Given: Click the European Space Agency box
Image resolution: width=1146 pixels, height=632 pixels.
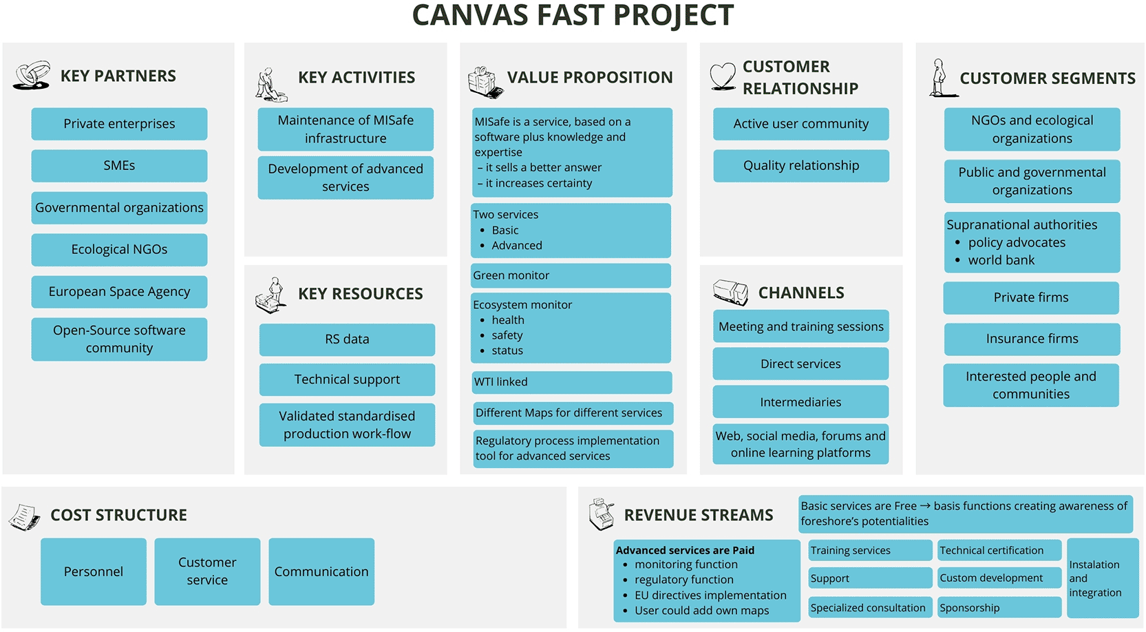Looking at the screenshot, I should click(119, 292).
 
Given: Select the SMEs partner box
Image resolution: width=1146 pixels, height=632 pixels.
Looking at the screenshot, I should click(119, 166).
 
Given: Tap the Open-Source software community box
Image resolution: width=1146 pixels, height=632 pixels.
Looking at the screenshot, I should click(119, 339).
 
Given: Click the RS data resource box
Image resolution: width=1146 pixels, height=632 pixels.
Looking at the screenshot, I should click(347, 339).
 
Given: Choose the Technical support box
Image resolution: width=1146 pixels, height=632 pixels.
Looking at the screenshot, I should click(347, 379).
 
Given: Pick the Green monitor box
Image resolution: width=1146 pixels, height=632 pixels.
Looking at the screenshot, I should click(571, 275).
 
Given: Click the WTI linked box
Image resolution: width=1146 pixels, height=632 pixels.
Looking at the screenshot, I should click(571, 382).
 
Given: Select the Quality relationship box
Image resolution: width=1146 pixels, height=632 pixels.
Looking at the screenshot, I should click(801, 166).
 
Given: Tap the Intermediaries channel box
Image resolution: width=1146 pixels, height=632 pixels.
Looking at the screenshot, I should click(800, 402).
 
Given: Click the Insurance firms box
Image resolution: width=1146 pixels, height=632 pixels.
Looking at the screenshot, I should click(1032, 339).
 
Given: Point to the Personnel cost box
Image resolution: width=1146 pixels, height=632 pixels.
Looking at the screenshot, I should click(94, 571).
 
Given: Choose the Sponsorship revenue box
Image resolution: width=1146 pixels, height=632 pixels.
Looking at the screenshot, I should click(999, 607).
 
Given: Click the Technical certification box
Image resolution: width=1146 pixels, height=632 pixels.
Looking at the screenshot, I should click(999, 550).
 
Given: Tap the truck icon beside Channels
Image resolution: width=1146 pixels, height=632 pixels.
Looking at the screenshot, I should click(730, 293).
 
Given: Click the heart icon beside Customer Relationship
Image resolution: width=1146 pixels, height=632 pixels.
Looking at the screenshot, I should click(723, 76).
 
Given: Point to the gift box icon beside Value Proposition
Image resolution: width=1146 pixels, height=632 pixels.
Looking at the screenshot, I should click(485, 82).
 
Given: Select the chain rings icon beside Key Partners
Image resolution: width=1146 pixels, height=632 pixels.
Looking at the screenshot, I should click(32, 75).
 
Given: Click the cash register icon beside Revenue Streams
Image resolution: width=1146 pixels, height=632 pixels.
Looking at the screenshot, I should click(602, 514).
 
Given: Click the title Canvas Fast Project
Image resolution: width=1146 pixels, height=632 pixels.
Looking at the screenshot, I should click(573, 15).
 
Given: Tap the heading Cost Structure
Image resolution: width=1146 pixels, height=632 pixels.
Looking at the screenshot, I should click(118, 515).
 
